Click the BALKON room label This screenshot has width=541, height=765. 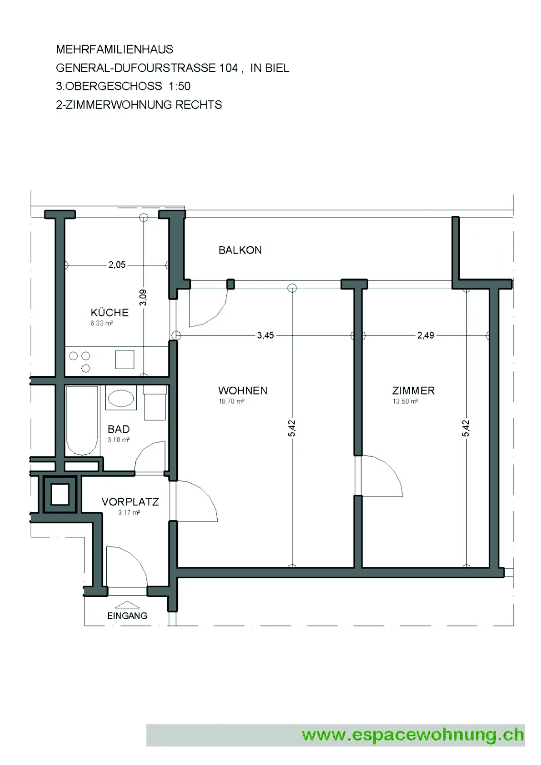click(240, 251)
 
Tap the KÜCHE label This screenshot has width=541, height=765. click(110, 312)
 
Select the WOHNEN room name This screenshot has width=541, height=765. click(243, 391)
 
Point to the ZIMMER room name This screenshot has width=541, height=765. click(413, 391)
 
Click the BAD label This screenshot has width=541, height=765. click(119, 429)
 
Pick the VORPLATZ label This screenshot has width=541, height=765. click(130, 502)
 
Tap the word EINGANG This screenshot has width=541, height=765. click(127, 616)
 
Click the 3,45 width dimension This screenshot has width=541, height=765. click(265, 335)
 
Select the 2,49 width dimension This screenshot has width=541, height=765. click(426, 335)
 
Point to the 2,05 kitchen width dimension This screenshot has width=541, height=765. click(117, 265)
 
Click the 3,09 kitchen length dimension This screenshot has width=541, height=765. click(143, 297)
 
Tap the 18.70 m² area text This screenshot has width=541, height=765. click(232, 401)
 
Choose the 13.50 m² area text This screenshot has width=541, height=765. click(405, 401)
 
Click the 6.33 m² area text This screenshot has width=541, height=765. click(101, 323)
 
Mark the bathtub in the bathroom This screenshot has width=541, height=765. click(82, 420)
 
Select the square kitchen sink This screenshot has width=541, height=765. click(124, 360)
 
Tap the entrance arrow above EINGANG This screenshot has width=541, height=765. click(127, 605)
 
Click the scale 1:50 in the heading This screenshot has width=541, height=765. click(179, 86)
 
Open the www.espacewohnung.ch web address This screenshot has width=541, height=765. click(412, 735)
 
